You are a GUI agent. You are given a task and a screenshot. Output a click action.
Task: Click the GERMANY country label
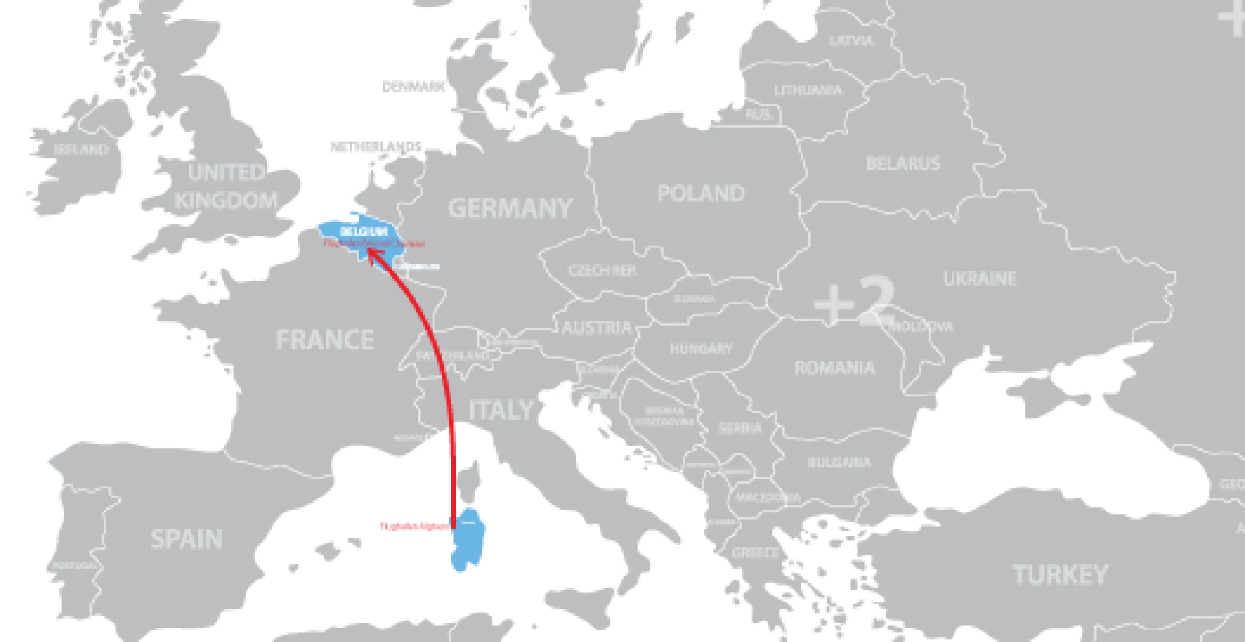(510, 209)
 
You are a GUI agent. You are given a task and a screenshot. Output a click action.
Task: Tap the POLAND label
(700, 193)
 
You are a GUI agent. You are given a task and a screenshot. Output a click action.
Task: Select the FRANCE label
(325, 340)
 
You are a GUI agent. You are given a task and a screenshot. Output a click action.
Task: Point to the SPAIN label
(187, 539)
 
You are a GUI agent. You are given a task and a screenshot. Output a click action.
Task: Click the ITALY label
(501, 411)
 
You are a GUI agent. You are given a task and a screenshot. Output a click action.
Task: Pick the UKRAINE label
(979, 279)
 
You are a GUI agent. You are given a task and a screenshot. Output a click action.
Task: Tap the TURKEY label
(1060, 575)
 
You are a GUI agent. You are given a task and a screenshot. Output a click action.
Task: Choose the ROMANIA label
(835, 368)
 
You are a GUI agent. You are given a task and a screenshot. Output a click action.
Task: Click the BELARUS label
(903, 164)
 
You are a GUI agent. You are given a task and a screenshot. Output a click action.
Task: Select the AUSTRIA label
(596, 328)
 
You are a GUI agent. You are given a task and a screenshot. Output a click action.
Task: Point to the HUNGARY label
(700, 349)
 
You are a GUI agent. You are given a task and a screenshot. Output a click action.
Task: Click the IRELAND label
(81, 150)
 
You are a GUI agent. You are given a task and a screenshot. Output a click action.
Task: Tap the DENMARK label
(413, 86)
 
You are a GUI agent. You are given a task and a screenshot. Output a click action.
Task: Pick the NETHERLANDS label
(375, 146)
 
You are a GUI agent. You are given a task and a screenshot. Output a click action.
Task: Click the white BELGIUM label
(363, 232)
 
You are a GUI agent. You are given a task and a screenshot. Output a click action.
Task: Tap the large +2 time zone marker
(855, 302)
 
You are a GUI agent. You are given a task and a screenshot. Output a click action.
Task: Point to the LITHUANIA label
(808, 90)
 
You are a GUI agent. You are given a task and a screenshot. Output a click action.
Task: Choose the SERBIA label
(739, 428)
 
